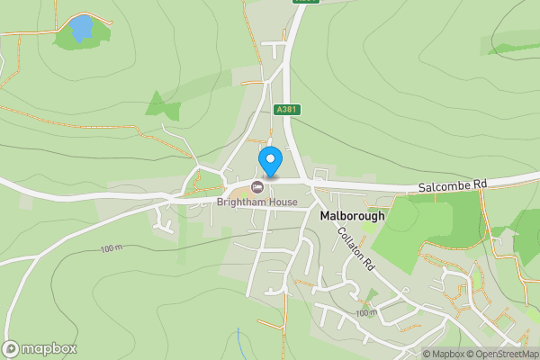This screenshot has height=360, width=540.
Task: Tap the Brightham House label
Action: (x=256, y=202)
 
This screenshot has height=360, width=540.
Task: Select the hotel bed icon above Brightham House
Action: (x=257, y=187)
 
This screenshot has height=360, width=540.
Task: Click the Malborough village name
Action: (x=352, y=216)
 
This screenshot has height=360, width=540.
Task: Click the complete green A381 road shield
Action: (x=286, y=110)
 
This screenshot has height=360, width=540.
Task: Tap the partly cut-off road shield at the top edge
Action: (x=306, y=3)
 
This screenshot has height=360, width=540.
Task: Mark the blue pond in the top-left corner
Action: (x=81, y=29)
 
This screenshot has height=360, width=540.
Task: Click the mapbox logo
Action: (x=40, y=349)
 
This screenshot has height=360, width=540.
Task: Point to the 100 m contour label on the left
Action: (x=111, y=247)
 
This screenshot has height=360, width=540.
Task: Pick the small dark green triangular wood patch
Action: (x=158, y=104)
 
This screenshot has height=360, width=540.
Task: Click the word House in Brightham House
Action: (x=282, y=202)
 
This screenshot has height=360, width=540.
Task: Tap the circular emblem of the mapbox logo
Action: (x=11, y=349)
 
